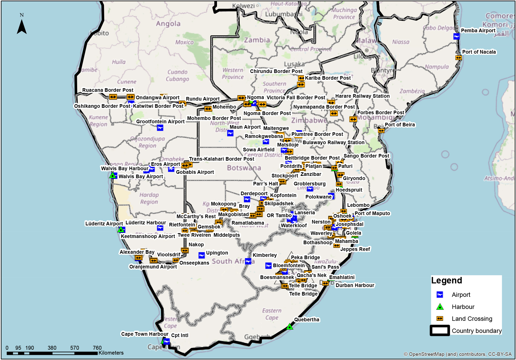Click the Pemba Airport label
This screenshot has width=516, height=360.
point(478,30)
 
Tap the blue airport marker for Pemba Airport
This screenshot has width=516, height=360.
point(456,36)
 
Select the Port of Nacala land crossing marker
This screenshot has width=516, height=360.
point(458,58)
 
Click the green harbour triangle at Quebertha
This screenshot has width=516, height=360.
point(290,327)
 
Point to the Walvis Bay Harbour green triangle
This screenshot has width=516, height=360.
point(112,176)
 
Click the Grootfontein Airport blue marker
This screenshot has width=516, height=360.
point(160,128)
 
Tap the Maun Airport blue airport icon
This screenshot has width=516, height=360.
point(230,133)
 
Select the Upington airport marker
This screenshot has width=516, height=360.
point(201,255)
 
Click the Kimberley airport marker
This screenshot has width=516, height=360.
point(248,261)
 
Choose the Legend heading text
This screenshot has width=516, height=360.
point(447,280)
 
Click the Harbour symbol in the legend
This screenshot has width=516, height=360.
point(440,307)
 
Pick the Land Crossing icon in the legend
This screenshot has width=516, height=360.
point(440,319)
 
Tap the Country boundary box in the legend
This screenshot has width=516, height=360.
point(440,331)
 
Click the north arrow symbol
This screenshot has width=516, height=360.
point(22,27)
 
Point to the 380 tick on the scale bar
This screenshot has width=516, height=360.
point(52,348)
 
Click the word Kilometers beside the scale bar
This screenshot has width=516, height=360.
point(111,353)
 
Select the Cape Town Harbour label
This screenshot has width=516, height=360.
point(144,334)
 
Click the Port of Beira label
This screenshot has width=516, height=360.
point(400,125)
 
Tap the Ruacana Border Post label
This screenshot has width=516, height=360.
point(108,90)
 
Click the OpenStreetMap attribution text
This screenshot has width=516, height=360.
point(457,354)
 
